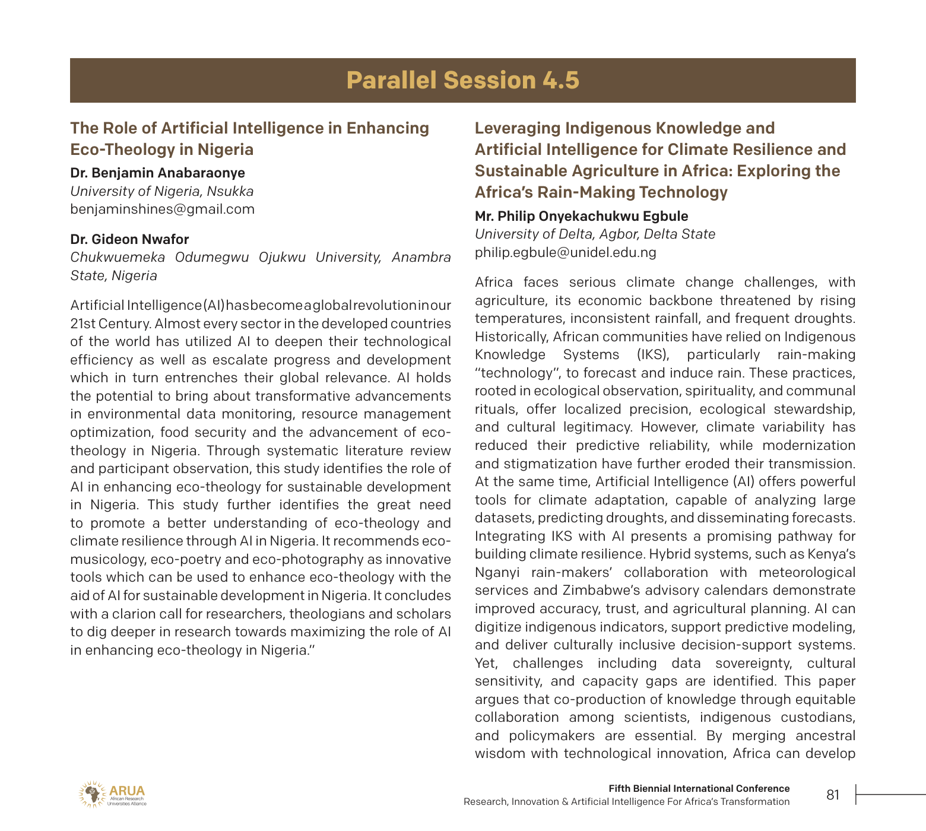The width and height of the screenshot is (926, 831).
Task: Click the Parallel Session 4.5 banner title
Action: (x=462, y=81)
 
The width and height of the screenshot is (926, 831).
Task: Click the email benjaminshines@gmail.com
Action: (x=162, y=209)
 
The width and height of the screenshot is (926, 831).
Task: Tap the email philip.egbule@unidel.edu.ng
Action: (x=565, y=252)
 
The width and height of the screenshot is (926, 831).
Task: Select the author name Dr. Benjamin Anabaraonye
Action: (x=157, y=173)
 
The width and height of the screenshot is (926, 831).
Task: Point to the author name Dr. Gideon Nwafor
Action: (x=129, y=239)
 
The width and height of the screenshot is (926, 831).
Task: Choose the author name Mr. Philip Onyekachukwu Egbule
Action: (x=581, y=216)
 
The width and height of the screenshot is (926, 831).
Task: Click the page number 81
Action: (x=833, y=795)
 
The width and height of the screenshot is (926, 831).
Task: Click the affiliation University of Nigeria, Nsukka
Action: (x=161, y=191)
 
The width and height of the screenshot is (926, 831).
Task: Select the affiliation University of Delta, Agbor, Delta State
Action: (x=595, y=234)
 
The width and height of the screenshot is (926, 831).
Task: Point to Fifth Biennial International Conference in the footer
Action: (x=699, y=788)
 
